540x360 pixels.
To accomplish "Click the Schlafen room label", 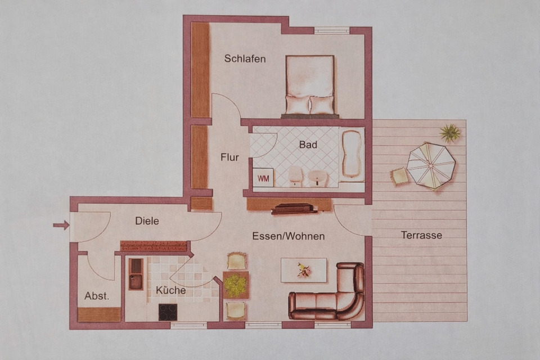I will tap(245, 58).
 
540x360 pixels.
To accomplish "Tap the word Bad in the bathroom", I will tap(308, 145).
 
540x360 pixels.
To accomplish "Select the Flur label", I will tap(229, 157).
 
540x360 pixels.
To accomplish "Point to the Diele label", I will tap(147, 221).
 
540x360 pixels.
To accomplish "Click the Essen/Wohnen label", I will tap(288, 236).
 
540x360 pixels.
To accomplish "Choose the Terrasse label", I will tap(421, 235).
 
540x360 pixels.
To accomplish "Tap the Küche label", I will tap(171, 290).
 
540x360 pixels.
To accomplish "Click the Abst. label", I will tap(96, 296).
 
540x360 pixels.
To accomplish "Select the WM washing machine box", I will tap(263, 178).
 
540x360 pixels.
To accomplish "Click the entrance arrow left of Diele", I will tap(61, 226).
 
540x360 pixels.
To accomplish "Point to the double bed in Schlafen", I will tap(310, 85).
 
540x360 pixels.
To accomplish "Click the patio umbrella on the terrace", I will tap(430, 165).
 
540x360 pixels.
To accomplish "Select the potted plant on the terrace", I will tap(450, 133).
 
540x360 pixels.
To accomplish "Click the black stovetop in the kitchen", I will tap(168, 312).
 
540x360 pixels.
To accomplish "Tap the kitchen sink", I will tap(136, 274).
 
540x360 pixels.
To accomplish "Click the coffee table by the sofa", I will tap(304, 270).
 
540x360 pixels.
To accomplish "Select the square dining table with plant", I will tap(236, 285).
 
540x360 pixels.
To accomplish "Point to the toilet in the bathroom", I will tap(295, 176).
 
